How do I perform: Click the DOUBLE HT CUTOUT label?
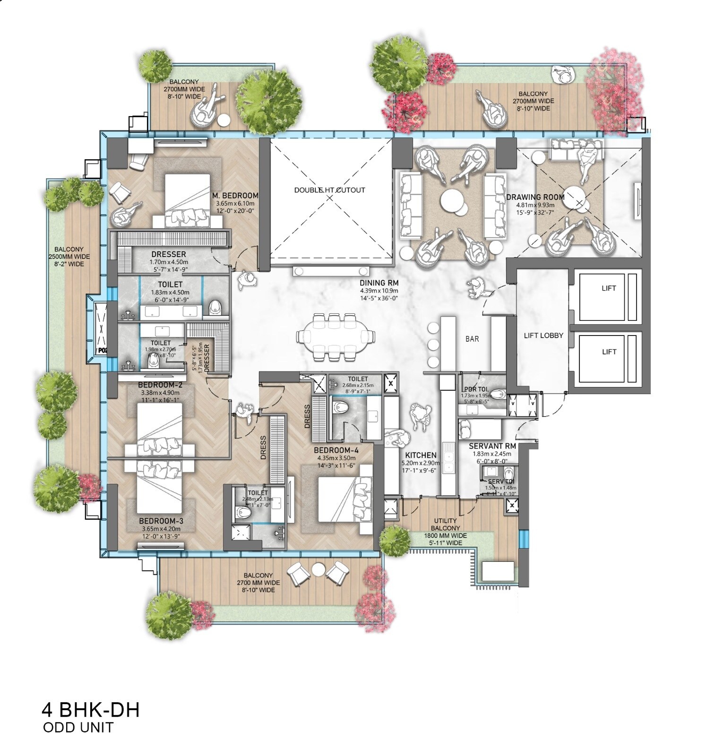coord(329,190)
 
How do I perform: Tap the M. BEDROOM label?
coord(235,196)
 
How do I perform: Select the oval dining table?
coord(336,336)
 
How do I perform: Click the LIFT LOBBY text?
coord(543,335)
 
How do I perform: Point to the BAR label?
coord(472,339)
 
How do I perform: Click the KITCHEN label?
coord(421,455)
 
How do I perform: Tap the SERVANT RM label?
coord(492,446)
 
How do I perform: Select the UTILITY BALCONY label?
coord(445,524)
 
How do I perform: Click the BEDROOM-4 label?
coord(336,450)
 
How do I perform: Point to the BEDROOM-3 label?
coord(161,521)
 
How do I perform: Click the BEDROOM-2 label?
coord(161,385)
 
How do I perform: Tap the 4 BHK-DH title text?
coord(91,710)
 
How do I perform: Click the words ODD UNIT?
coord(78,727)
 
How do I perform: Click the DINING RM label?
coord(379,283)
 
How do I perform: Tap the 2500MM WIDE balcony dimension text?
coord(69,257)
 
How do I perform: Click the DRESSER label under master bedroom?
coord(169,254)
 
